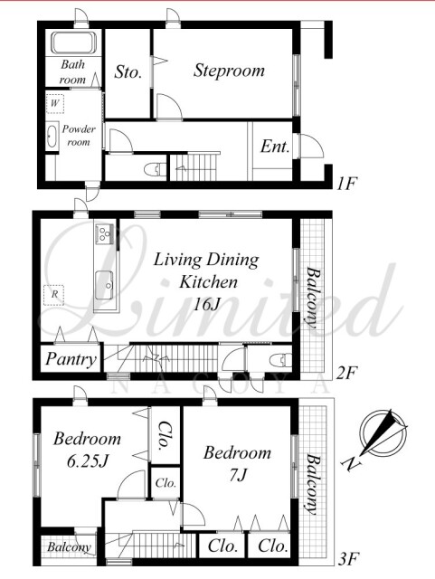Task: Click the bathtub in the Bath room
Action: coord(73,43)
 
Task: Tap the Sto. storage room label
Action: coord(128,71)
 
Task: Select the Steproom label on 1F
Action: coord(229,71)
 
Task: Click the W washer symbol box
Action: coord(55,103)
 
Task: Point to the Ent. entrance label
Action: coord(275,147)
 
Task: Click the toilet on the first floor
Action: coord(155,170)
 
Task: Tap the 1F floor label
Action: coord(346,183)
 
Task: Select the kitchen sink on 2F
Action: coord(105,286)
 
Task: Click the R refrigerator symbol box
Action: coord(54,295)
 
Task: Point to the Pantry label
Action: coord(71,359)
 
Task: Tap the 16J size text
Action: coord(207,305)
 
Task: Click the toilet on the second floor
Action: coord(281,360)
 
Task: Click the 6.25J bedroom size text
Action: coord(88,460)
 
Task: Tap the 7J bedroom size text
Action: coord(238,475)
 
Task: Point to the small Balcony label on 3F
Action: coord(69,546)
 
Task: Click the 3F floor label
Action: coord(348,559)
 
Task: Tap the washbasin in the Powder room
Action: coord(52,136)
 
